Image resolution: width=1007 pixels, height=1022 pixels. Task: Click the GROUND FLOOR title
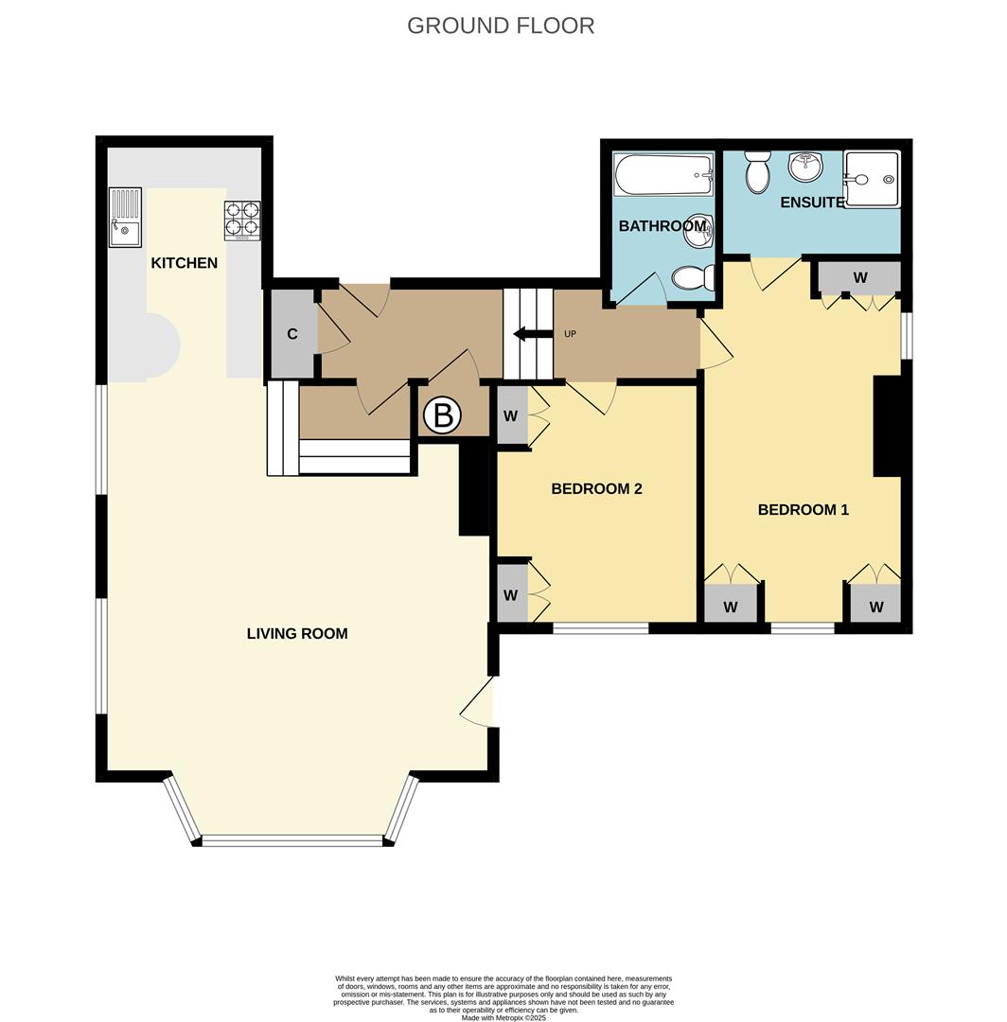[x=501, y=26]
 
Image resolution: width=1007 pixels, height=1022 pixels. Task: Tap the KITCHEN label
[x=184, y=263]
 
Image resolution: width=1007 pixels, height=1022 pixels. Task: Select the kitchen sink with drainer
[x=125, y=217]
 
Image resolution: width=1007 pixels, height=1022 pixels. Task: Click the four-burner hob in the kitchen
[x=241, y=220]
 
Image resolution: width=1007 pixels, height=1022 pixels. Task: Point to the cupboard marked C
[x=292, y=334]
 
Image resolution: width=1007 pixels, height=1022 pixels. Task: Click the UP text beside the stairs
[x=570, y=334]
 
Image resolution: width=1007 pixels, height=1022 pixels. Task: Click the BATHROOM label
[x=662, y=226]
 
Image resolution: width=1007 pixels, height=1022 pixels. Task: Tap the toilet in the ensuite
[x=757, y=172]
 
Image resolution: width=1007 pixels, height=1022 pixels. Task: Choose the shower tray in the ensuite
[x=872, y=179]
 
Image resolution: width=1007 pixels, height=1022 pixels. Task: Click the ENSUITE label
[x=811, y=203]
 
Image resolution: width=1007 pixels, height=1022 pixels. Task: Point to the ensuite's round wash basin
[x=805, y=168]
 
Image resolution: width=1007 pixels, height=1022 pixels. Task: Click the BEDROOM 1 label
[x=803, y=510]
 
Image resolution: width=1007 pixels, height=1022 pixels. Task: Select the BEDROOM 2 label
[x=596, y=489]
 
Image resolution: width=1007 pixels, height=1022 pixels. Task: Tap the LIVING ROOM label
[x=296, y=634]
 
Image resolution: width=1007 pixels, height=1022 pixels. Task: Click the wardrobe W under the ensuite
[x=859, y=278]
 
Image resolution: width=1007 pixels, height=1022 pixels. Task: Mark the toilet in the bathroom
[x=691, y=277]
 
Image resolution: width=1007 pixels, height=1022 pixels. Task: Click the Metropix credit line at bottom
[x=503, y=1017]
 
